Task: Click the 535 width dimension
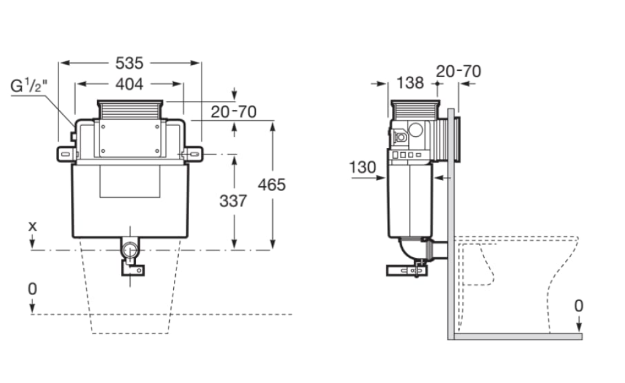click(x=129, y=63)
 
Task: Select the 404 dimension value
click(x=129, y=84)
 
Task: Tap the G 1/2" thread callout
click(x=29, y=86)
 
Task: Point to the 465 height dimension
click(x=272, y=184)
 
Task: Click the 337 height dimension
click(x=233, y=201)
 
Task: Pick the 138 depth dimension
click(x=410, y=83)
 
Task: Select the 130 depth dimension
click(x=363, y=167)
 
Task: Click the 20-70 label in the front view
click(x=234, y=112)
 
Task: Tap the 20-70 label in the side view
click(x=458, y=71)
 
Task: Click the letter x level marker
click(x=32, y=226)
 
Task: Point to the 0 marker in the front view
click(x=32, y=289)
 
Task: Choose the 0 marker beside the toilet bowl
click(x=579, y=306)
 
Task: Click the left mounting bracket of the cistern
click(x=66, y=155)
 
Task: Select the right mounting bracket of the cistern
click(x=193, y=154)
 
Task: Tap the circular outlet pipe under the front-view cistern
click(x=130, y=251)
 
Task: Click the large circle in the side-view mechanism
click(x=415, y=130)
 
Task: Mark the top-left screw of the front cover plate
click(x=103, y=126)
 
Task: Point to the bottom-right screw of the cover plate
click(x=157, y=151)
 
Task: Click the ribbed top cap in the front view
click(x=130, y=110)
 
